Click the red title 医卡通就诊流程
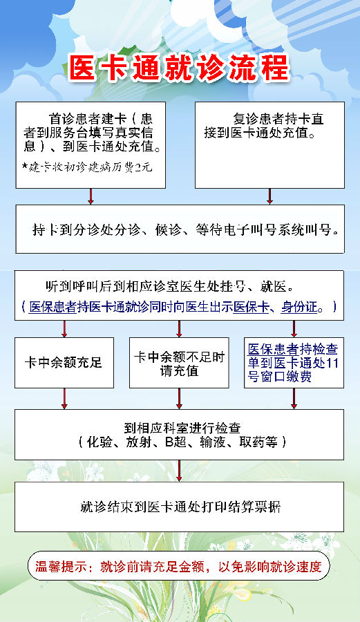[179, 68]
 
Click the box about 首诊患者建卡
[91, 145]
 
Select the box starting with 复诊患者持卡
[269, 145]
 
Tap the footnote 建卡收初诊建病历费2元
[87, 167]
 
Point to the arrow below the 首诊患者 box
[91, 196]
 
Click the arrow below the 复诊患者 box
[269, 196]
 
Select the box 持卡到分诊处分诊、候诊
[180, 229]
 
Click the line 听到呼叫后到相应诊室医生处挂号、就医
[170, 286]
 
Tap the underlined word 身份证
[299, 307]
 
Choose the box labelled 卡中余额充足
[64, 363]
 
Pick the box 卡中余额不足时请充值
[179, 363]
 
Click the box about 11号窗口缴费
[294, 363]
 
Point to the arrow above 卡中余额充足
[64, 329]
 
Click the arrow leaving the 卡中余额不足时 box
[179, 399]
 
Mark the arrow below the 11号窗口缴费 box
[294, 399]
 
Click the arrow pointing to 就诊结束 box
[179, 471]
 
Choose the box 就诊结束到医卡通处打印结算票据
[179, 507]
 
